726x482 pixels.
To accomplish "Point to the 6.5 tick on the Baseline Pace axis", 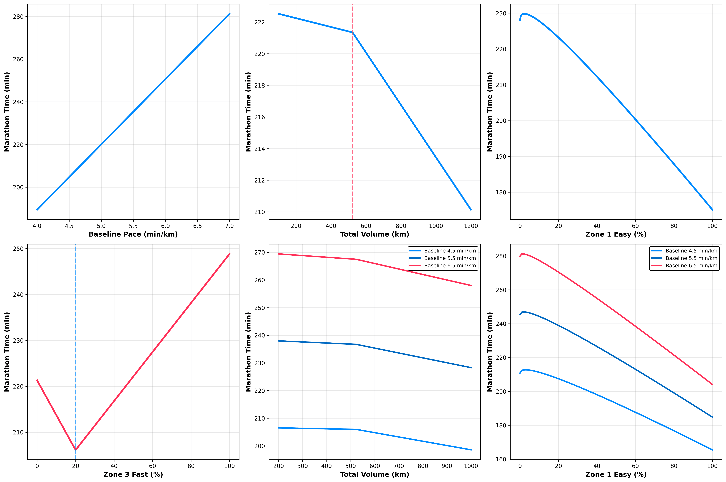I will click(197, 226).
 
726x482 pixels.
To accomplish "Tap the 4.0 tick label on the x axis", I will click(37, 226).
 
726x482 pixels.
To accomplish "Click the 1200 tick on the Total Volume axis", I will click(471, 226).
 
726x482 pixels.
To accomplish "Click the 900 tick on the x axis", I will click(447, 466).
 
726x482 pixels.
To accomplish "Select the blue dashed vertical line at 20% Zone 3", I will click(75, 338).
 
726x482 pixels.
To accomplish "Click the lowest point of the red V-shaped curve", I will click(75, 450).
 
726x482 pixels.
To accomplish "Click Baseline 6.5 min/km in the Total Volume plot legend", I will click(450, 266).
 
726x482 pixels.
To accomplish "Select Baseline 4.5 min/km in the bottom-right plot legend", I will click(691, 251).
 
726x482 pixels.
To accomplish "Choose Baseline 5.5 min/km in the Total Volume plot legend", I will click(450, 258).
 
